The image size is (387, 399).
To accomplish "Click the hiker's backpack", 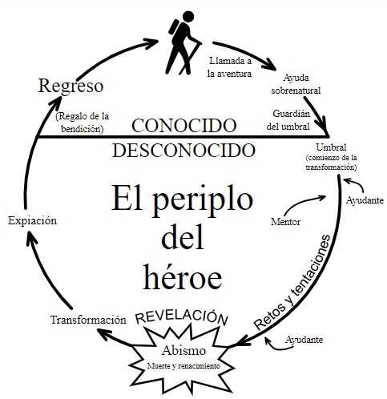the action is (174, 27).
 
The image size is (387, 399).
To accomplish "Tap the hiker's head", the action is (188, 17).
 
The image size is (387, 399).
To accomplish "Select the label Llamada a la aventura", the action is (230, 67).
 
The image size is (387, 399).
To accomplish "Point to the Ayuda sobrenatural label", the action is (296, 84).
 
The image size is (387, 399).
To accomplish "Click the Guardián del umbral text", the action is (288, 120).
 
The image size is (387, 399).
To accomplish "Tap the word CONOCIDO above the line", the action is (184, 126).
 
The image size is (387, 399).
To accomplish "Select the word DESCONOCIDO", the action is (183, 151).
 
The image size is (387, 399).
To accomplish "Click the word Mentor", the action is (285, 222).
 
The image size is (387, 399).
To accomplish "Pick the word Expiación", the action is (32, 221).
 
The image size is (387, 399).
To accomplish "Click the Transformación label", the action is (88, 320).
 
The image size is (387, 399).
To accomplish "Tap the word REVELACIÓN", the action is (182, 317).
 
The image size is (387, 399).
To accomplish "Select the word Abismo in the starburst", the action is (183, 350).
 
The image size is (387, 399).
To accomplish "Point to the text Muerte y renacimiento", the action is (183, 365).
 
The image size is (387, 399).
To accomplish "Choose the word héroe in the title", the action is (183, 278).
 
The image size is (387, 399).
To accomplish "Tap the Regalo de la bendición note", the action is (83, 123).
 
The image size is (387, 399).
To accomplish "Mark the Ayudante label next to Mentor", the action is (365, 200).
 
